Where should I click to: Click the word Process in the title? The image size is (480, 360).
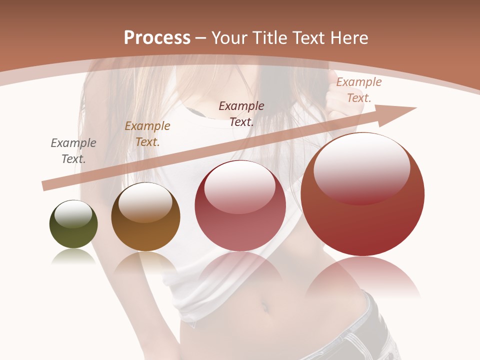coord(157,38)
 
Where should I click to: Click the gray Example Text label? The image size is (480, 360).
coord(73,151)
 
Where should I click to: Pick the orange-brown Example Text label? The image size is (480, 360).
coord(147,134)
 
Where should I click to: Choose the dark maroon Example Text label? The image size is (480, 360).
coord(241,113)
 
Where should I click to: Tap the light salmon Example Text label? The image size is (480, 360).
coord(358,90)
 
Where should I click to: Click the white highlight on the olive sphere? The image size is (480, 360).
coord(73,214)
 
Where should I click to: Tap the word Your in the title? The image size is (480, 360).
coord(231,38)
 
